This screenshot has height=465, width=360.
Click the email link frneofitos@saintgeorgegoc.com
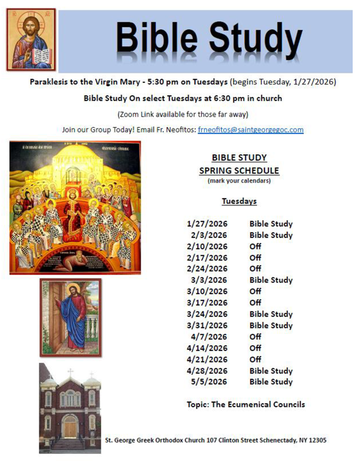pos(251,130)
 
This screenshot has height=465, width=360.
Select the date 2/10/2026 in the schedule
pos(207,246)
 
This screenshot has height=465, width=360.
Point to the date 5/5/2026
pos(209,382)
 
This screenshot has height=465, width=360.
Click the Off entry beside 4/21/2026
pos(255,359)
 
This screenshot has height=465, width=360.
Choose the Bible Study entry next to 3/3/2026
pos(271,280)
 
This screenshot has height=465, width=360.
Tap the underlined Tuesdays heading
pos(239,201)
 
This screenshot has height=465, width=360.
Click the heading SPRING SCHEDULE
pos(239,171)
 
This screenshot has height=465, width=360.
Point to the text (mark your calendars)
pos(239,181)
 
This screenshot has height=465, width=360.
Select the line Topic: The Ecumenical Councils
pos(246,404)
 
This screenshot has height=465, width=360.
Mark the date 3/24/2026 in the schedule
pos(207,314)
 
